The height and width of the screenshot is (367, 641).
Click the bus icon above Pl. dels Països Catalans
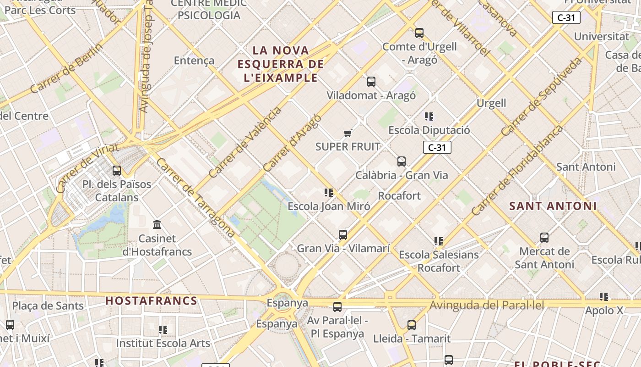pyautogui.click(x=117, y=171)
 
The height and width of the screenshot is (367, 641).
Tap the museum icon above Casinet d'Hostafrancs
pyautogui.click(x=157, y=225)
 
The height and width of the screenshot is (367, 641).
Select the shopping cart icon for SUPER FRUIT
pyautogui.click(x=348, y=133)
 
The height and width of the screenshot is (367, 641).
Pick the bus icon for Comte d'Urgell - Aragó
pyautogui.click(x=419, y=33)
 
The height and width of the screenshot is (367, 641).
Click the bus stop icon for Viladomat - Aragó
pyautogui.click(x=371, y=82)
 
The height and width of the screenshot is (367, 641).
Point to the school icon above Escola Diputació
pyautogui.click(x=429, y=117)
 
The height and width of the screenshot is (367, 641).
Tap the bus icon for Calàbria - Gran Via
pyautogui.click(x=402, y=161)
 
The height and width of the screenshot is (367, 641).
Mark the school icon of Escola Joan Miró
pyautogui.click(x=329, y=193)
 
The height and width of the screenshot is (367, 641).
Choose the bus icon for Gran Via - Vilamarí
pyautogui.click(x=343, y=235)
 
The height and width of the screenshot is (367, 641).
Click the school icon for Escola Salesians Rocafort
pyautogui.click(x=439, y=241)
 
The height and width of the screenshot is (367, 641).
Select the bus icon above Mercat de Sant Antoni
pyautogui.click(x=544, y=238)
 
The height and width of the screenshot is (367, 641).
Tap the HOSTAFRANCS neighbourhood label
pyautogui.click(x=152, y=301)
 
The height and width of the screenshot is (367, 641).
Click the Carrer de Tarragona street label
pyautogui.click(x=196, y=198)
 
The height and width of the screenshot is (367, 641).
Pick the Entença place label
pyautogui.click(x=194, y=61)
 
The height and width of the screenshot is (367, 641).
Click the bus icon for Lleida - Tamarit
pyautogui.click(x=412, y=325)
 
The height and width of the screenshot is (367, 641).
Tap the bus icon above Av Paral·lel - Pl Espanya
pyautogui.click(x=337, y=307)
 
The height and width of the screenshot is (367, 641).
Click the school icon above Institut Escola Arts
pyautogui.click(x=163, y=330)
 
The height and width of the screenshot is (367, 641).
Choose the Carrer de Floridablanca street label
pyautogui.click(x=517, y=170)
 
